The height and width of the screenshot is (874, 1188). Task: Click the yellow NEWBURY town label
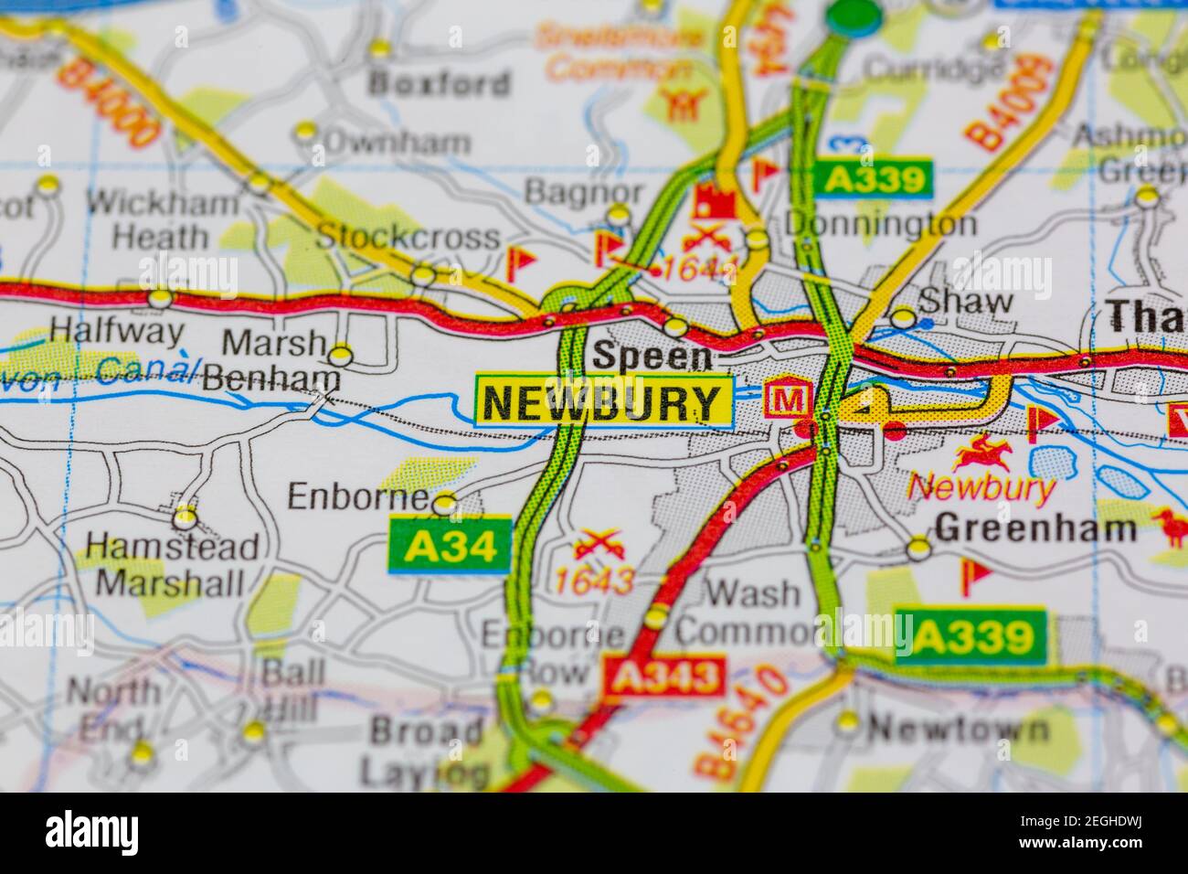[603, 401]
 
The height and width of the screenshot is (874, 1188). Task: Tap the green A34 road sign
[450, 545]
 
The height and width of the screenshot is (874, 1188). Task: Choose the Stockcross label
[408, 237]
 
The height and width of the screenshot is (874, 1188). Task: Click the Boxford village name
[439, 83]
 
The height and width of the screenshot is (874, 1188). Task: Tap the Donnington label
[880, 224]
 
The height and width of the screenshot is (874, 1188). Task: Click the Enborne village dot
[445, 502]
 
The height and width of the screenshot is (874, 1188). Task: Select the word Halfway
[116, 330]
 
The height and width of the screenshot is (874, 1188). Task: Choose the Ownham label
[398, 142]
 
